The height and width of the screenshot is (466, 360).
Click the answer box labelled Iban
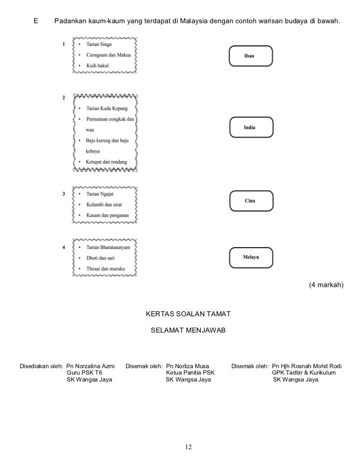[x=250, y=56]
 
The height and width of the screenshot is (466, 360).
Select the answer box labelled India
[x=250, y=127]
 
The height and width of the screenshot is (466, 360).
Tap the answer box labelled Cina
[x=250, y=201]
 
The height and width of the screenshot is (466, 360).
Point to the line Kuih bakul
[x=97, y=65]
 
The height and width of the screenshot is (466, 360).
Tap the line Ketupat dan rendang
[x=106, y=162]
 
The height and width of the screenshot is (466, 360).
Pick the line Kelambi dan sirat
[x=104, y=205]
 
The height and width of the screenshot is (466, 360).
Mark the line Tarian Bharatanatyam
[x=108, y=248]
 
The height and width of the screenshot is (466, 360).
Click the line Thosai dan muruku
[x=104, y=268]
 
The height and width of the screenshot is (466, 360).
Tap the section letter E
[x=36, y=22]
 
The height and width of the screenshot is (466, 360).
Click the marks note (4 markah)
[x=326, y=286]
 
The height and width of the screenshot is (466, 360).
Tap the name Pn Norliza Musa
[x=188, y=366]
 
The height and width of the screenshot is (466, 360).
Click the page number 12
[x=187, y=447]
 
